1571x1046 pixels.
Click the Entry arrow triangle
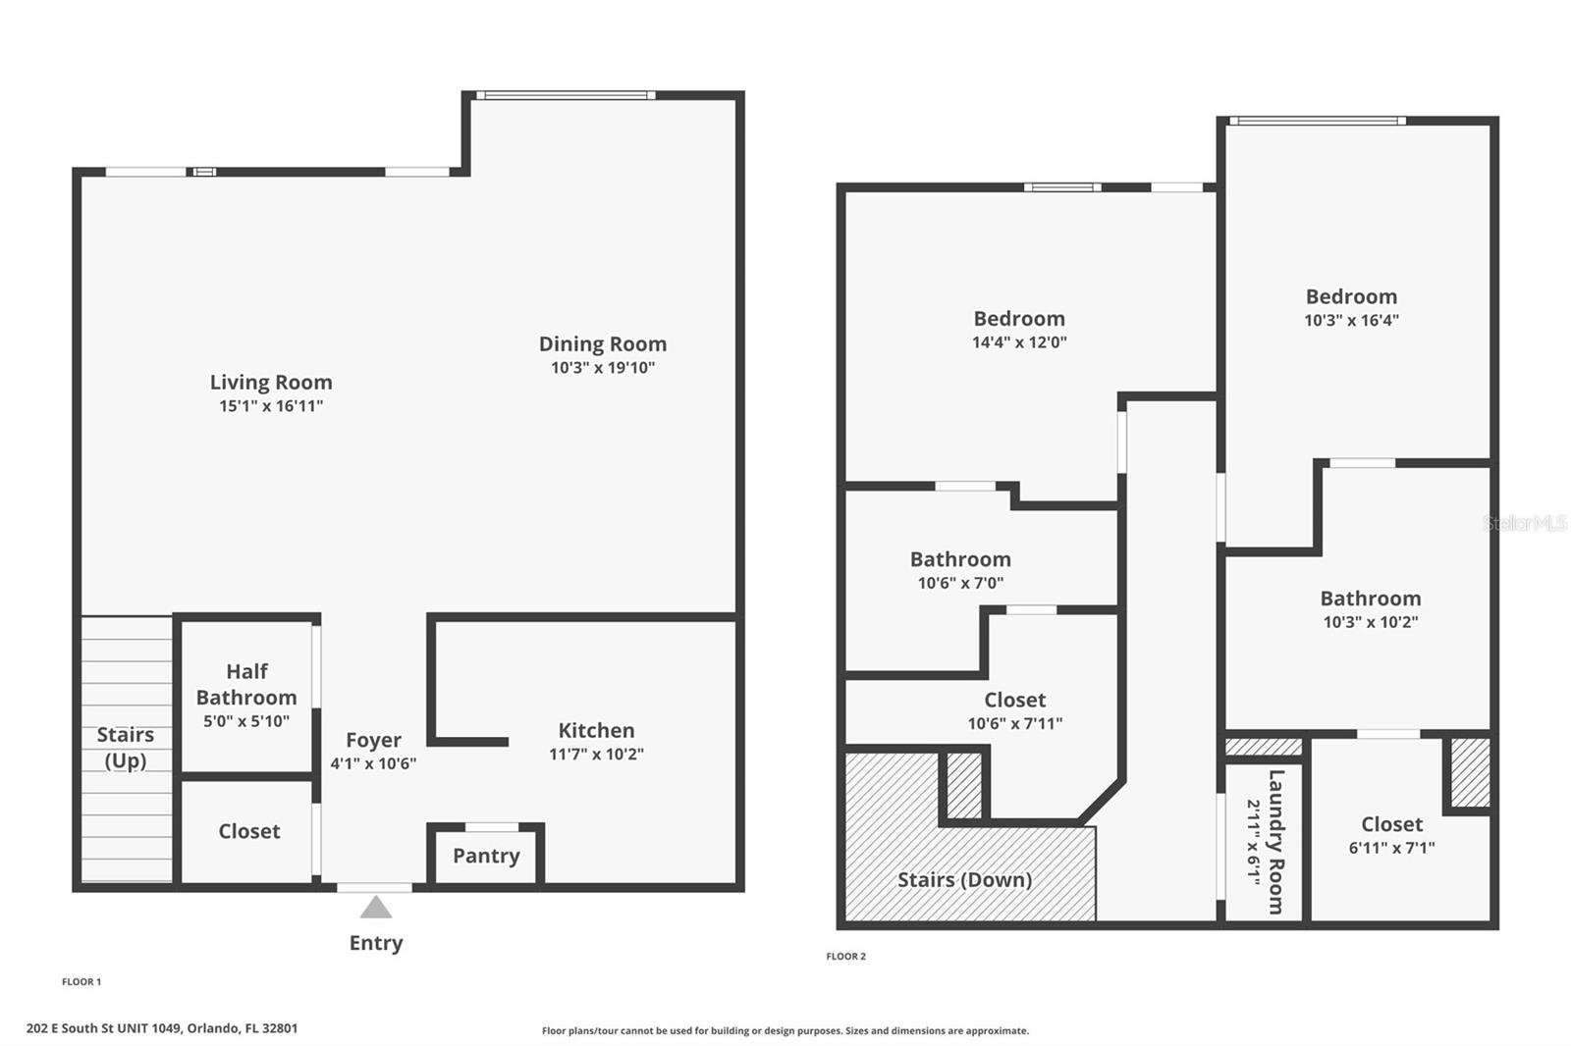point(375,908)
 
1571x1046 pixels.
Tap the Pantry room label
point(486,856)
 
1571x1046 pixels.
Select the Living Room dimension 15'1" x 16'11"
point(271,406)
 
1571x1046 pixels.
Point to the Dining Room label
point(602,344)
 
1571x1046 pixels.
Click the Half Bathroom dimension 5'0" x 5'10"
point(245,721)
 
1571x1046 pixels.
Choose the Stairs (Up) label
point(126,747)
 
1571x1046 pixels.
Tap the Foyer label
point(373,740)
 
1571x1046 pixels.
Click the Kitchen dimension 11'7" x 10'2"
point(596,755)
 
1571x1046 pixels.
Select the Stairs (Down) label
point(964,880)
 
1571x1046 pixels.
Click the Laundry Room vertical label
point(1275,841)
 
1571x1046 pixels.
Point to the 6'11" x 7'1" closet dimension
point(1391,848)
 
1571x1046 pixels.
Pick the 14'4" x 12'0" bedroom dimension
point(1019,342)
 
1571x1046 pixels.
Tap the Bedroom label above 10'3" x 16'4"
point(1351,296)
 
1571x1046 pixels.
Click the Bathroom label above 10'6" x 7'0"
point(960,559)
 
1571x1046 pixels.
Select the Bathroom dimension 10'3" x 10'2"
point(1370,622)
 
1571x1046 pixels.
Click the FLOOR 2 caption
point(845,957)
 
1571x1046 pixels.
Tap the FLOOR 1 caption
point(81,982)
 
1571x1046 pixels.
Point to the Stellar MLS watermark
point(1524,523)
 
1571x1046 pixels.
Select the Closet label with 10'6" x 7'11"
point(1014,701)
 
